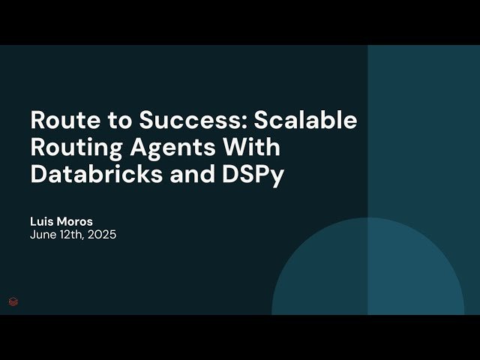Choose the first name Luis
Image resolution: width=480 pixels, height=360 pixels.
pyautogui.click(x=43, y=222)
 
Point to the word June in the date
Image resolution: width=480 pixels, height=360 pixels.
pyautogui.click(x=43, y=235)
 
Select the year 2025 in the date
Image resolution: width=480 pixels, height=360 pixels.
pyautogui.click(x=102, y=235)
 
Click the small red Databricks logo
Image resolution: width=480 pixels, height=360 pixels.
pyautogui.click(x=13, y=301)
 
